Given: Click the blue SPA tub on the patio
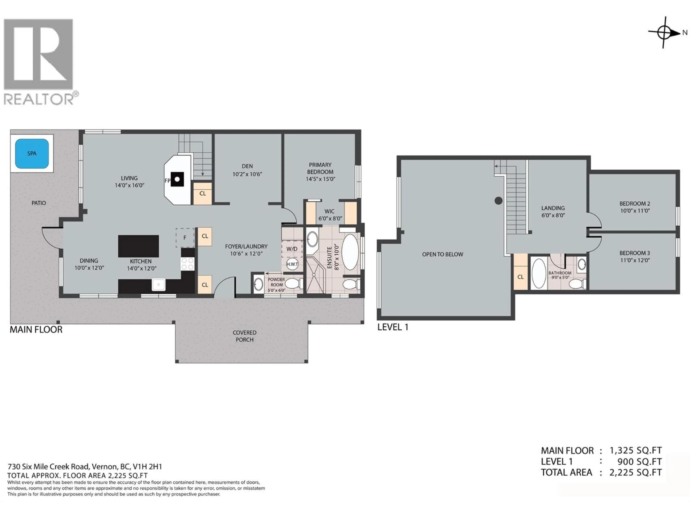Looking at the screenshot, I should click(32, 153).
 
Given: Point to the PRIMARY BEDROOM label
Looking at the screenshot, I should click(320, 168).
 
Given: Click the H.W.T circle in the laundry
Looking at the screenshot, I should click(292, 264).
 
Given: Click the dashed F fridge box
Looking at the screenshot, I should click(185, 238).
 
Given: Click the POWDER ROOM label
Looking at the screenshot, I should click(276, 282).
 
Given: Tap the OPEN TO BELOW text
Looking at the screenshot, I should click(442, 254).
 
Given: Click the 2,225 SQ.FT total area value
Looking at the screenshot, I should click(635, 472).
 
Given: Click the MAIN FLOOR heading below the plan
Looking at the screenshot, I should click(36, 330).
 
